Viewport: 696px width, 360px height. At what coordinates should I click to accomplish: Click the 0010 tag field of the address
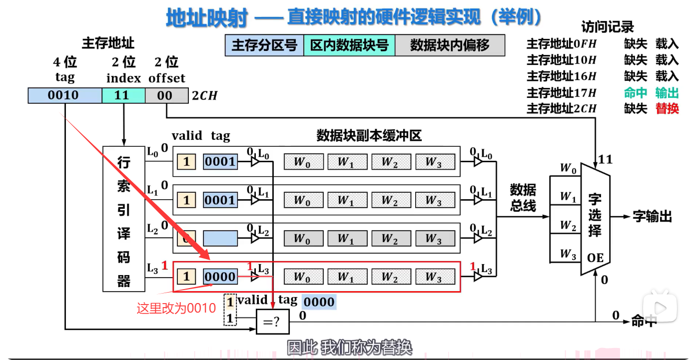(64, 95)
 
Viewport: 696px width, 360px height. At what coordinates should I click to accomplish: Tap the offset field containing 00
(164, 95)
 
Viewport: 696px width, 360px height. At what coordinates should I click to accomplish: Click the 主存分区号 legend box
(264, 45)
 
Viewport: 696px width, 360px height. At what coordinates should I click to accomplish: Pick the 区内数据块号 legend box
(349, 45)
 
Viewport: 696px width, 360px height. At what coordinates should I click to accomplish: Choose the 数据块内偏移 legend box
(450, 45)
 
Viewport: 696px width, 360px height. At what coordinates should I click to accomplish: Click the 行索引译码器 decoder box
(123, 219)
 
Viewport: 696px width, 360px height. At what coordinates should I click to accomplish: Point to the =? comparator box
(272, 322)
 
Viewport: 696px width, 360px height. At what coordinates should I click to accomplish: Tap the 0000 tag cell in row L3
(220, 277)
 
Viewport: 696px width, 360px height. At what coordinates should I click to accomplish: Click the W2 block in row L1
(391, 200)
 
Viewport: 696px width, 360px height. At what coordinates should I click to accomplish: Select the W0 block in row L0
(303, 162)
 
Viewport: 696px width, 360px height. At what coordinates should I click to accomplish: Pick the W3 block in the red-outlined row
(435, 277)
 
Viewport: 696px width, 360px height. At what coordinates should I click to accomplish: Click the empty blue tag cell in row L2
(220, 238)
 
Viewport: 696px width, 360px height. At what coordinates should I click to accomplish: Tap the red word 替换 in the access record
(667, 108)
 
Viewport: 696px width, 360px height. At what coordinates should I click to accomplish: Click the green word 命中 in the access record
(635, 92)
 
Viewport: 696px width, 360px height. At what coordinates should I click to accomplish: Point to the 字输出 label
(653, 217)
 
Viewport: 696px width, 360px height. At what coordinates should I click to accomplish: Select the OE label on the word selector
(596, 258)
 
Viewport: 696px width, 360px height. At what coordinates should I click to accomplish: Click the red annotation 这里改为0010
(176, 308)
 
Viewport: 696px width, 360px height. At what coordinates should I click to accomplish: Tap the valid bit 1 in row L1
(186, 200)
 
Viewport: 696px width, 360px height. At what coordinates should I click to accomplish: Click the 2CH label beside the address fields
(205, 96)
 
